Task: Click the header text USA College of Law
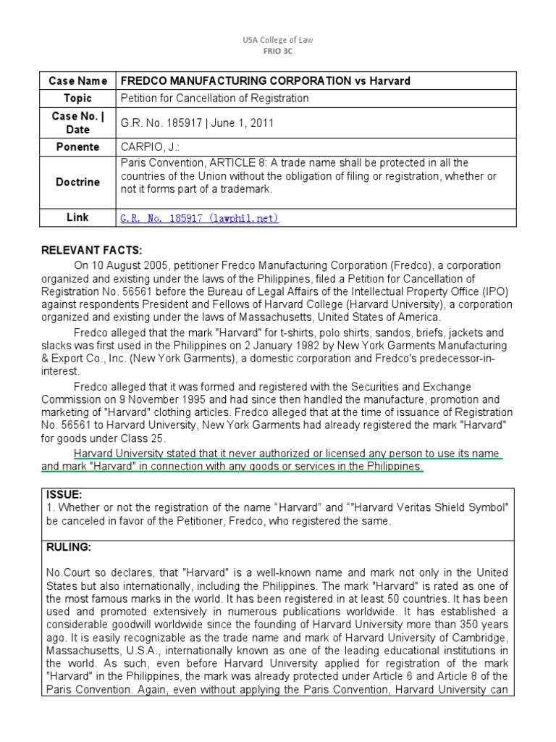point(278,41)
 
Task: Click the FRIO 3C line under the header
point(278,51)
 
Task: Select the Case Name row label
point(78,80)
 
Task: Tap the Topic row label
point(78,98)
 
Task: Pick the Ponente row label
point(78,146)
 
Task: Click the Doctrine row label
point(78,182)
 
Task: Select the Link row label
point(78,217)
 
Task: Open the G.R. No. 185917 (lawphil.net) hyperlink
point(199,217)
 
